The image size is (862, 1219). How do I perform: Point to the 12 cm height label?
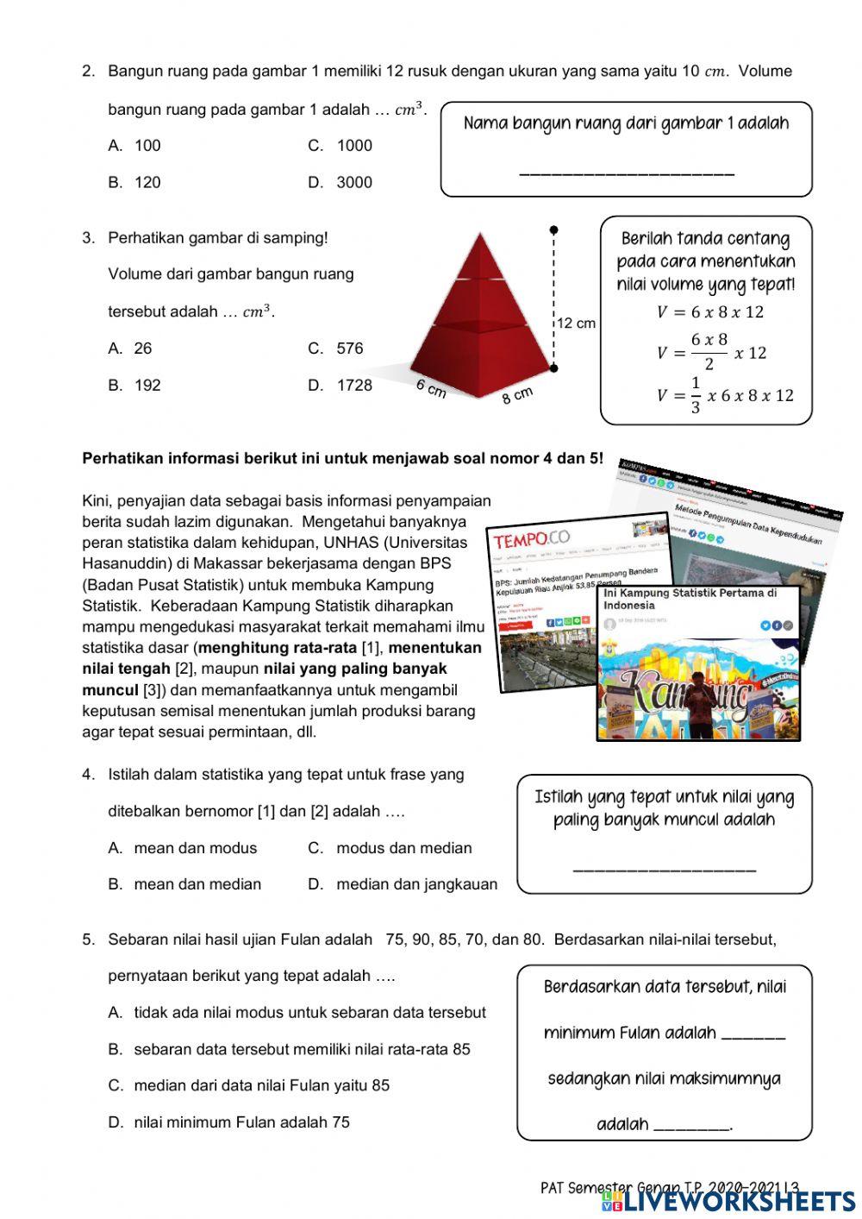pos(576,324)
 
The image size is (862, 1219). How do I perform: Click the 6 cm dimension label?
pos(431,388)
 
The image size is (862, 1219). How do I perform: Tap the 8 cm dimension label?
pos(517,396)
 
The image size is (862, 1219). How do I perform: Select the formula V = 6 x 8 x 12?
pos(709,312)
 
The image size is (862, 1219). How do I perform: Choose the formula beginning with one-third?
pos(724,396)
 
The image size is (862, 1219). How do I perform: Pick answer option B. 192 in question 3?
pos(135,386)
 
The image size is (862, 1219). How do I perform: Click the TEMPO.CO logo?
pos(531,540)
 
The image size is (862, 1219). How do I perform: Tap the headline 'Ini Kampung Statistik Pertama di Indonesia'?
pos(690,599)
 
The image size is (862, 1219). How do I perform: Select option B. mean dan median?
pos(185,884)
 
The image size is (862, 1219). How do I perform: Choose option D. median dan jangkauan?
pos(403,884)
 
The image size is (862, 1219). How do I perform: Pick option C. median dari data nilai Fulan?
pos(249,1085)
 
